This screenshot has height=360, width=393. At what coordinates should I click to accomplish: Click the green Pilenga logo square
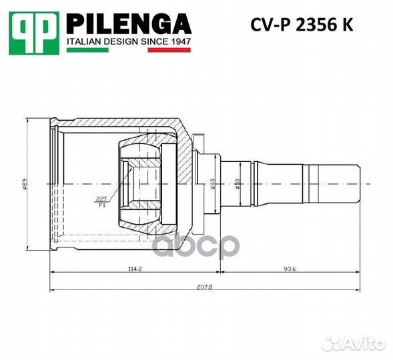(33, 33)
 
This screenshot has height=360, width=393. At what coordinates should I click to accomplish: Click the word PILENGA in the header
(129, 25)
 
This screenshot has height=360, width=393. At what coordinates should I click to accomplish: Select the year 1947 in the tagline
(179, 41)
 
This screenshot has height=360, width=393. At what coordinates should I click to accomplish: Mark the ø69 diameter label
(27, 182)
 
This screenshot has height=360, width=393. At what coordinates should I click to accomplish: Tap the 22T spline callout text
(102, 199)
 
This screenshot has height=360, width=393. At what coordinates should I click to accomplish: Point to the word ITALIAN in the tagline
(83, 41)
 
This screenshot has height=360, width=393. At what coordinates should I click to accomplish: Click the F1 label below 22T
(101, 205)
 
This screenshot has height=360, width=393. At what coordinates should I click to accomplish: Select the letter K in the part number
(349, 25)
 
